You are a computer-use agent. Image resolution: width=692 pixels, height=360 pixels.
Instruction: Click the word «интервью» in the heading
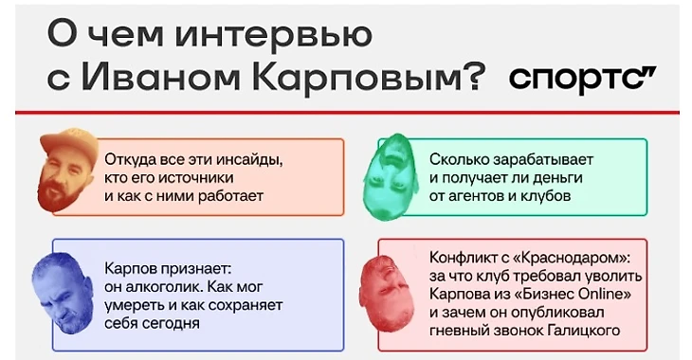pyautogui.click(x=273, y=34)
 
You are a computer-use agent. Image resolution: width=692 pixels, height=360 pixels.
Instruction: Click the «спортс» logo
pyautogui.click(x=583, y=79)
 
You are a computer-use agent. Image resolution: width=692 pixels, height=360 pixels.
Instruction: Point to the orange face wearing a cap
pyautogui.click(x=68, y=171)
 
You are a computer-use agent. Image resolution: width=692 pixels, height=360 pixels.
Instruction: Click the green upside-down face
pyautogui.click(x=391, y=176)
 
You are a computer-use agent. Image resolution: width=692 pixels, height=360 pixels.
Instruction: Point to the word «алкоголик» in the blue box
pyautogui.click(x=164, y=287)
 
